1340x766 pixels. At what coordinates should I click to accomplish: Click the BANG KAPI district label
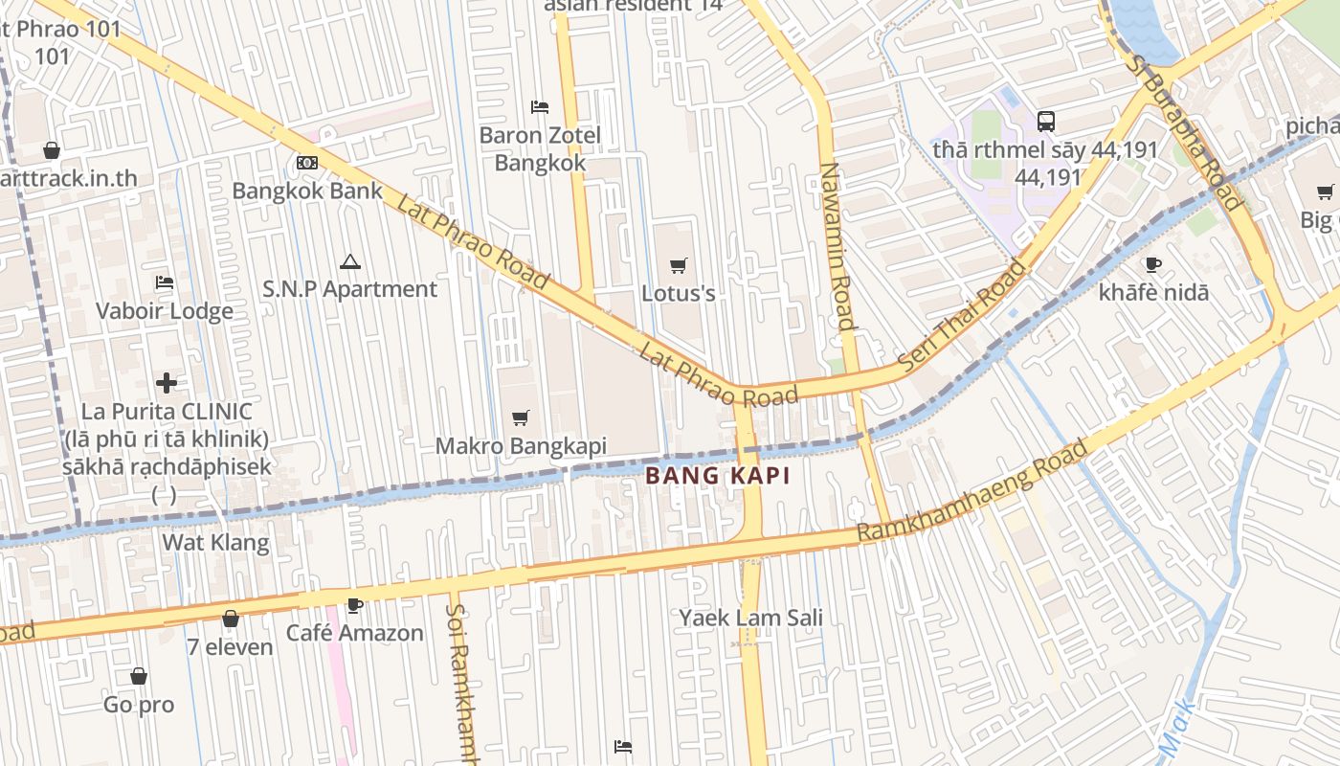coord(717,475)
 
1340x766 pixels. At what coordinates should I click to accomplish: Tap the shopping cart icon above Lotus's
coord(679,265)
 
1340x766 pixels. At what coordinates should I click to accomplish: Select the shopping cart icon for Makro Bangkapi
coord(521,417)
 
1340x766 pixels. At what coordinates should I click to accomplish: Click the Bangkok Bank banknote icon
coord(307,163)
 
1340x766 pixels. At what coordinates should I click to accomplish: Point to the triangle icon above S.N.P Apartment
coord(350,261)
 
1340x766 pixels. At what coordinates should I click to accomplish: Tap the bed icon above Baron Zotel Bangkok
coord(540,106)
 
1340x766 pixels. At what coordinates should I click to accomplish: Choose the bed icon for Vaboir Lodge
coord(165,282)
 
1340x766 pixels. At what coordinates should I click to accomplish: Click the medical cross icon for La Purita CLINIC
coord(167,383)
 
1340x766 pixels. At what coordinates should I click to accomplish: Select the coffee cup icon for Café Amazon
coord(354,605)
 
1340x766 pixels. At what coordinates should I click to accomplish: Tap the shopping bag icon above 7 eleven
coord(230,620)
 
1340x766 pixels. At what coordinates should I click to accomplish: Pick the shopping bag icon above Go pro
coord(139,677)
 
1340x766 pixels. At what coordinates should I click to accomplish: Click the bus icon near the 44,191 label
coord(1046,122)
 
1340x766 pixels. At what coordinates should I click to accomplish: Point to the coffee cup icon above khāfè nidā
coord(1153,264)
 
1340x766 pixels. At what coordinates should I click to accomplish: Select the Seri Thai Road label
coord(961,317)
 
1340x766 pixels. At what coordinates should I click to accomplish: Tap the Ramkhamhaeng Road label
coord(973,490)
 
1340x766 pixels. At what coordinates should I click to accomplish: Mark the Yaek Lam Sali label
coord(750,618)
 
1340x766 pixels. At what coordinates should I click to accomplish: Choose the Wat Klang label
coord(215,543)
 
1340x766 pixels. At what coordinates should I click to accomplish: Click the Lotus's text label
coord(679,293)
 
